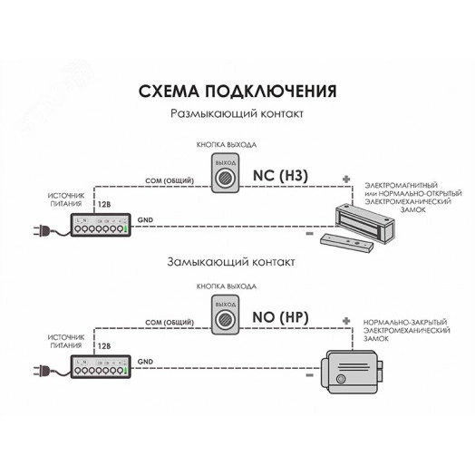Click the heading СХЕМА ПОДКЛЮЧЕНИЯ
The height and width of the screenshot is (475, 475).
coord(237,92)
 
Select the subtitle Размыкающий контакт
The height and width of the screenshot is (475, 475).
coord(237,115)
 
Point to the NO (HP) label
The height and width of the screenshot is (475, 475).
coord(281,317)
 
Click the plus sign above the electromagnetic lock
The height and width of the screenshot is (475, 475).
coord(345,179)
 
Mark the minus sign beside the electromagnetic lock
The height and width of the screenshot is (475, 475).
coord(309,235)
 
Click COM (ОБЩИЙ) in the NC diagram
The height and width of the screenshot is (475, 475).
coord(169,180)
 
